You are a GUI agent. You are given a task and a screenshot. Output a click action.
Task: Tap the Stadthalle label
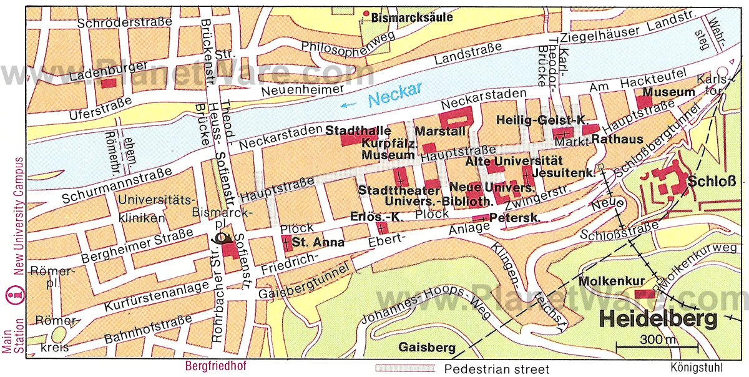[x=358, y=130]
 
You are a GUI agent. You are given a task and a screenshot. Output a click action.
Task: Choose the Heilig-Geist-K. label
[x=543, y=119]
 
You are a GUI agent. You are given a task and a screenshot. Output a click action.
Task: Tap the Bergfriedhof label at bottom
[x=214, y=366]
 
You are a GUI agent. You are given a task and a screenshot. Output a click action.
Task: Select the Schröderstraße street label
[x=125, y=22]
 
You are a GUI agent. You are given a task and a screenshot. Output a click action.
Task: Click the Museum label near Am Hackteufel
[x=668, y=92]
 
